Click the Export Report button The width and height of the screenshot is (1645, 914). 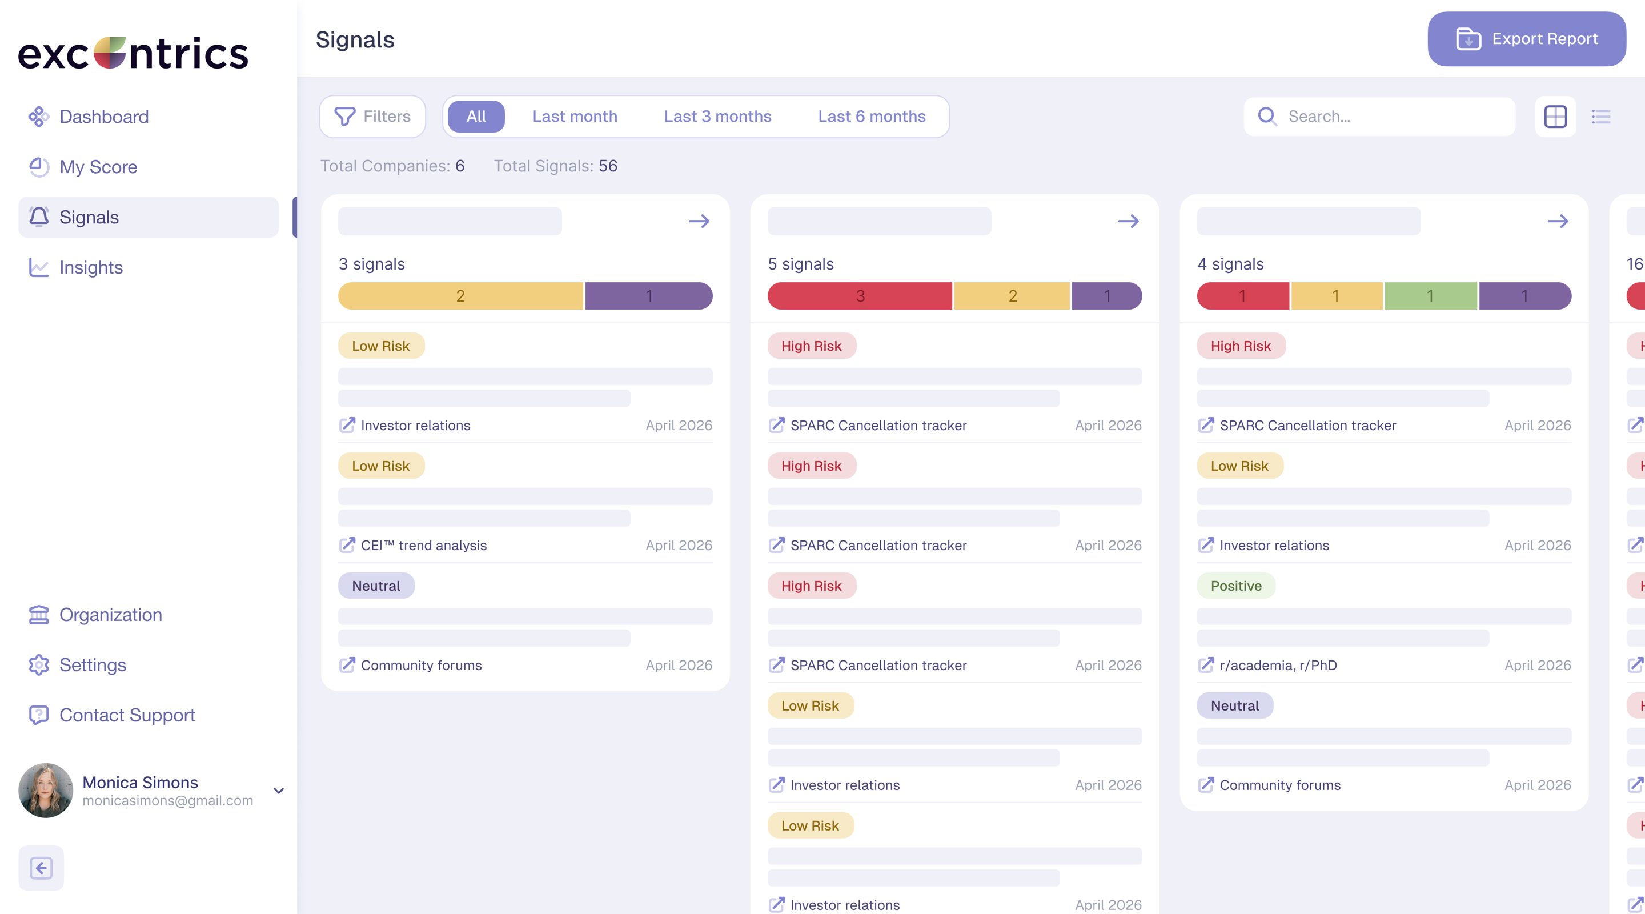pos(1526,39)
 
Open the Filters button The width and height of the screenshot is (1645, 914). pos(372,116)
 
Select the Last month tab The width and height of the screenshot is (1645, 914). pos(575,116)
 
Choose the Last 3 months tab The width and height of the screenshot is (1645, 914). pos(718,116)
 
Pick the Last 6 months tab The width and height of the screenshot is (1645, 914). pos(872,116)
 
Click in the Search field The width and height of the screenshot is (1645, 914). pos(1379,116)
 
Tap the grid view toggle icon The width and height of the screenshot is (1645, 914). pos(1555,116)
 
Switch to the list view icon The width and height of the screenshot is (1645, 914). pos(1601,116)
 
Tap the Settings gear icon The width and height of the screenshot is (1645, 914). pos(39,665)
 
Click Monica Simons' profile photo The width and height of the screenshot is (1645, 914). pos(45,790)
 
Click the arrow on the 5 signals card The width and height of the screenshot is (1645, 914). pos(1129,221)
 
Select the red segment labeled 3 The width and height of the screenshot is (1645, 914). pos(860,296)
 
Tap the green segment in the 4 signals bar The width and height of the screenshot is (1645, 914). pos(1430,296)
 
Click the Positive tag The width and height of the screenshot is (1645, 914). pos(1235,586)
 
